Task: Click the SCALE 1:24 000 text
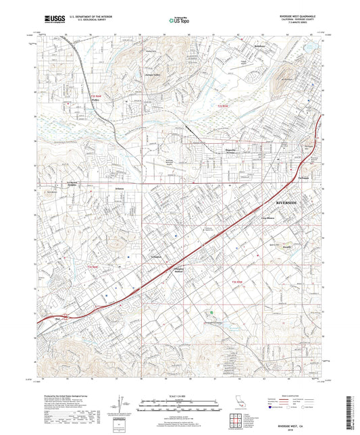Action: pos(180,395)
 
